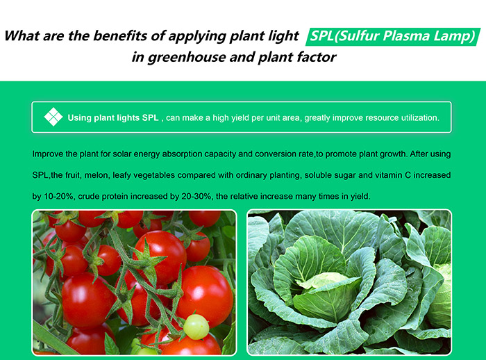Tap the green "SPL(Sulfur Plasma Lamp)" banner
(x=393, y=36)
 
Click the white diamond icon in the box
(x=53, y=117)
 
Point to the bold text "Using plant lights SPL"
(x=113, y=118)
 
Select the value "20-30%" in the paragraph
(x=196, y=197)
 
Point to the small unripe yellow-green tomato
(x=196, y=327)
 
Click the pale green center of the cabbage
(x=322, y=280)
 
